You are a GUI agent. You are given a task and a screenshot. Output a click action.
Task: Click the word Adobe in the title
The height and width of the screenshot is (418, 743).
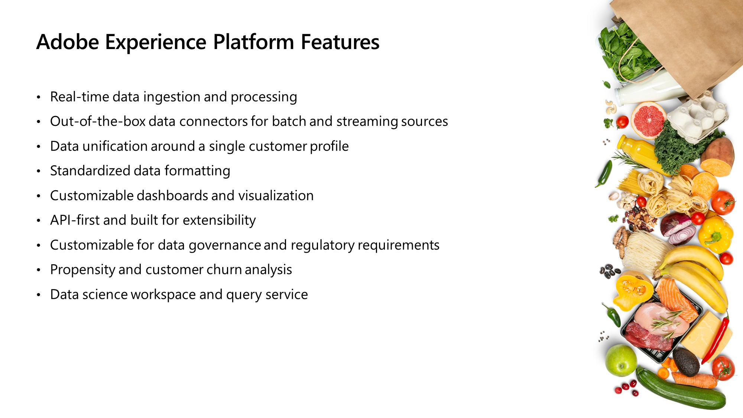click(68, 42)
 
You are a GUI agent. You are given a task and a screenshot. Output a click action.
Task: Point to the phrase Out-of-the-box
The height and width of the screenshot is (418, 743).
click(97, 121)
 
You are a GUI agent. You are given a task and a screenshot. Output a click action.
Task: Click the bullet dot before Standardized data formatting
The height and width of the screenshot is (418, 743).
click(38, 171)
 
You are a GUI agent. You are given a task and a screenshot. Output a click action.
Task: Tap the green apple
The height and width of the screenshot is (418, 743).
click(621, 360)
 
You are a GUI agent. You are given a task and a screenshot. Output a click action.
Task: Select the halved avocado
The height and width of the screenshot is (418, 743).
click(686, 361)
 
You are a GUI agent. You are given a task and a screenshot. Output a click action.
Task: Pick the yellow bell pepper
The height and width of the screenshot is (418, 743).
click(715, 234)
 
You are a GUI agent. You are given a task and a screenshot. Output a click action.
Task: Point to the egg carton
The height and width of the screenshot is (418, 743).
click(698, 115)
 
